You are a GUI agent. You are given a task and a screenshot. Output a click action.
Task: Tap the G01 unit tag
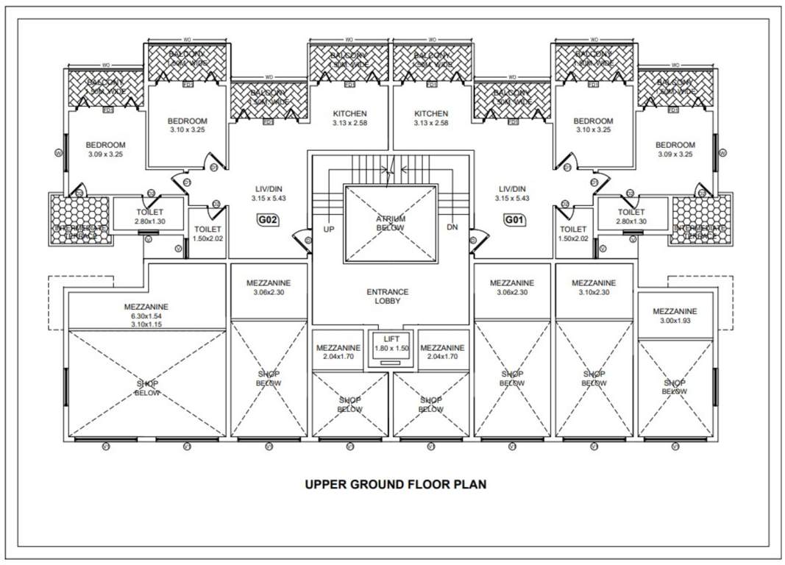pos(513,219)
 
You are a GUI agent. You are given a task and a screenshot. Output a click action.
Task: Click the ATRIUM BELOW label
pos(390,224)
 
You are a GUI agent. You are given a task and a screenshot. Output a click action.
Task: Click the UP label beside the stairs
pos(329,228)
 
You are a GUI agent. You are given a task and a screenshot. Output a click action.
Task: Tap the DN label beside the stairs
pos(452,227)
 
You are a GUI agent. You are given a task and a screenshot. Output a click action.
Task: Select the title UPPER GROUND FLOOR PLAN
pos(395,485)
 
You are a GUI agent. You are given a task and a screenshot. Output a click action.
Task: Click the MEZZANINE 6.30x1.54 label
pos(146,315)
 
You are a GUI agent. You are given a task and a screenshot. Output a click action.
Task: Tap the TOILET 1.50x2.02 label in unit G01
pos(572,234)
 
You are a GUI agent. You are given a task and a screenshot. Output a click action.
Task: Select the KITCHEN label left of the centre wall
pos(349,118)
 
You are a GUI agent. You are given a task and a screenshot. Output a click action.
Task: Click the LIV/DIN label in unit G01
pos(512,193)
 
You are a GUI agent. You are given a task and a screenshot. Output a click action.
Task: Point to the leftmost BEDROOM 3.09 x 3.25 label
pos(105,149)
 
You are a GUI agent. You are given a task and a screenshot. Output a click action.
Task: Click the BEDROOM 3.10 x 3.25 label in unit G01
pos(593,125)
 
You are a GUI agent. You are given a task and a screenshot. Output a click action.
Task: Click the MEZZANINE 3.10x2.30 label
pos(593,288)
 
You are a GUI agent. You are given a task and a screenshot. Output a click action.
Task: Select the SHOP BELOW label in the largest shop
pos(146,388)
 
